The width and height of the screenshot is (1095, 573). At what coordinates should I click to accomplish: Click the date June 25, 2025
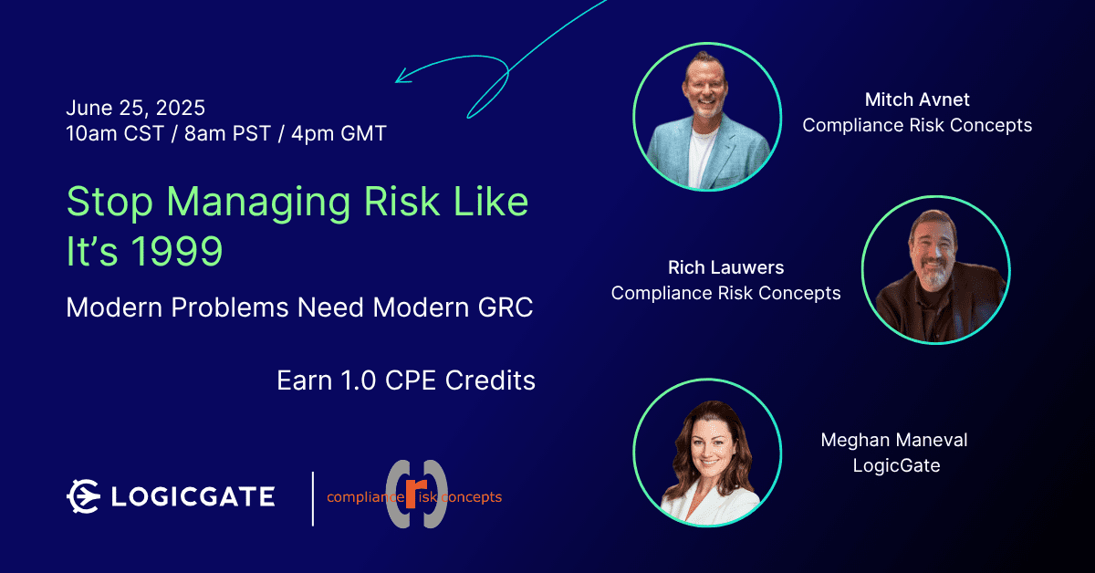click(135, 108)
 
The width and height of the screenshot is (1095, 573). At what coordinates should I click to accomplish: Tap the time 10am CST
click(115, 133)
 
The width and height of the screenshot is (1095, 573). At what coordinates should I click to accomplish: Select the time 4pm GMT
click(339, 133)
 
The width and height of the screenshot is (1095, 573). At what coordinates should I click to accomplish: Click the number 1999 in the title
click(177, 251)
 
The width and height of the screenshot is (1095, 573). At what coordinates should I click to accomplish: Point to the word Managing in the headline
click(258, 203)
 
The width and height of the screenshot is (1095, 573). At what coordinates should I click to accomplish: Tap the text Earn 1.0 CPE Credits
click(406, 380)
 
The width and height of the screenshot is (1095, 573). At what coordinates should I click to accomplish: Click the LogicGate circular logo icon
click(84, 496)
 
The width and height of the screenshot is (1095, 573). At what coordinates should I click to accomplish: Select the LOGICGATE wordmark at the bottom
click(193, 496)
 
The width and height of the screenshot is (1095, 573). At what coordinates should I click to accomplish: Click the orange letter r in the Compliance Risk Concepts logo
click(416, 494)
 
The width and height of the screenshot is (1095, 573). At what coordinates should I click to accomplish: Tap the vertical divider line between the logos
click(313, 499)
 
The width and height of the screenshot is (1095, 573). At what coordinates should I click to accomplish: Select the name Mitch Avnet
click(917, 99)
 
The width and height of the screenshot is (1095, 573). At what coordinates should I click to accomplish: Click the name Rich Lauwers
click(726, 267)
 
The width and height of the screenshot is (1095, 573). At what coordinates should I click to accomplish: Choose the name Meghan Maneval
click(894, 440)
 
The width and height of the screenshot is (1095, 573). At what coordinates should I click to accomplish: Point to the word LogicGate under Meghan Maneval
click(896, 465)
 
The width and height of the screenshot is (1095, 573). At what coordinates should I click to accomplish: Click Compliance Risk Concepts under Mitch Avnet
click(917, 125)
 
